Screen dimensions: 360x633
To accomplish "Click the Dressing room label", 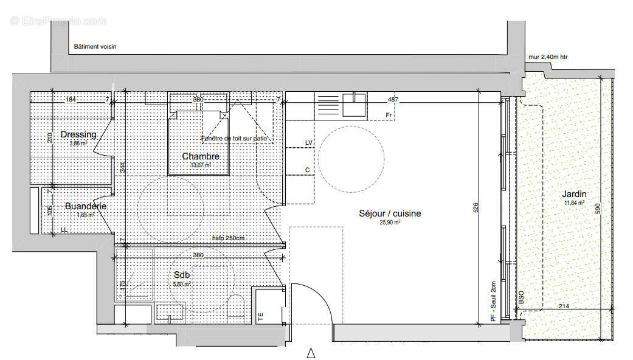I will coord(78,134).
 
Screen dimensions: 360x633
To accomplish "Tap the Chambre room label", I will coord(201,156).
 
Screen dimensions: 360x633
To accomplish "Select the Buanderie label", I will coord(86,206).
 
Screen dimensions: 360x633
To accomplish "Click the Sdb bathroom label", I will coord(181,275).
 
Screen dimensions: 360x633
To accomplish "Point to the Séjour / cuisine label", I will coord(390,213).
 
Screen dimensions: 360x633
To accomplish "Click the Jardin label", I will coord(575,194).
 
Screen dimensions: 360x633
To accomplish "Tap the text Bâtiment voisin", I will coord(95,46).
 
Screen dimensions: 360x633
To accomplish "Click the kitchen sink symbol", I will coord(354,104).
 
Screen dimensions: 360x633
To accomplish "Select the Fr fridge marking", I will coord(388,115).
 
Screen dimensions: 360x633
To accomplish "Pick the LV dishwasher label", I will coord(308,142).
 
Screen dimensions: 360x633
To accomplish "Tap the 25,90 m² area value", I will coord(389,223).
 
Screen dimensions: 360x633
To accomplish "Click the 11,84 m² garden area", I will coord(574,203).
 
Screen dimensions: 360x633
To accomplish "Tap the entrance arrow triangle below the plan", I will coord(311,353).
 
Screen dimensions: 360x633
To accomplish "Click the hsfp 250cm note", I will coord(228,238).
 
